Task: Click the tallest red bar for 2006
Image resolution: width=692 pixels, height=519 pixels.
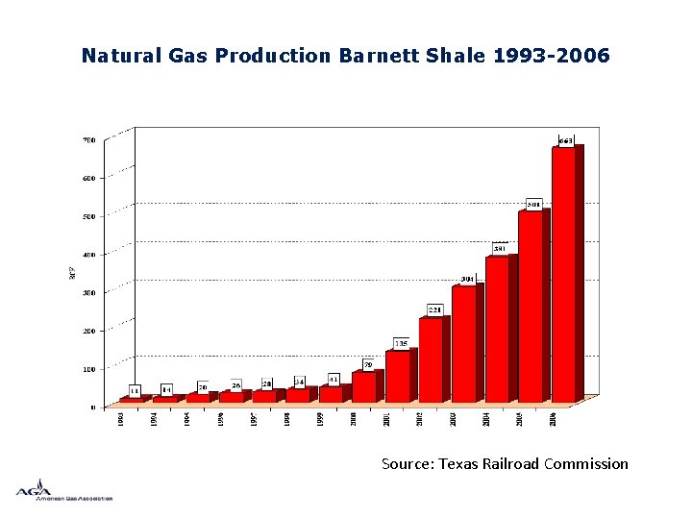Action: point(563,274)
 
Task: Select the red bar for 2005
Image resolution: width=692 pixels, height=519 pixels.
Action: point(531,306)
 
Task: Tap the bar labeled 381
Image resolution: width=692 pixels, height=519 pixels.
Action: point(498,329)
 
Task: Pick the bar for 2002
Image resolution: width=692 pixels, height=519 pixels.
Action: point(431,359)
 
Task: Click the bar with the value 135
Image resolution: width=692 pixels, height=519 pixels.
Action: point(398,376)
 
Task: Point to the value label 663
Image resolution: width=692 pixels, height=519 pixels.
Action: point(567,141)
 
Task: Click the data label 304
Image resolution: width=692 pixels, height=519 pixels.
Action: point(467,279)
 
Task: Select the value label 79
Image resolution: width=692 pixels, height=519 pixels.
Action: point(368,364)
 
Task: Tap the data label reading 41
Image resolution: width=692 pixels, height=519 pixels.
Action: point(334,379)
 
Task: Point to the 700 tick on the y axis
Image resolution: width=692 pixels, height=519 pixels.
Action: point(88,139)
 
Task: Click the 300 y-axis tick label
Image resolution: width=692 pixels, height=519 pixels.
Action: point(88,292)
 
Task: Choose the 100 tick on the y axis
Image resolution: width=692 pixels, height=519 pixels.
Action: point(88,369)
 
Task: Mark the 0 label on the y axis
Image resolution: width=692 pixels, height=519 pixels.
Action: point(93,408)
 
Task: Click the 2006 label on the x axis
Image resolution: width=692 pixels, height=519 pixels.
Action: point(553,420)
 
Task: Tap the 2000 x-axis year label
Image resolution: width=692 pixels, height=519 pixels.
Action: point(354,420)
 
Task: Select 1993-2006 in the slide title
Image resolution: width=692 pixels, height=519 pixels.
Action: point(551,56)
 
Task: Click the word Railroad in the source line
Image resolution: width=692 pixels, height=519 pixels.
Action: point(507,464)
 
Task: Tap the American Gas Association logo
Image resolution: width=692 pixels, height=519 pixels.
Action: point(63,490)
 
